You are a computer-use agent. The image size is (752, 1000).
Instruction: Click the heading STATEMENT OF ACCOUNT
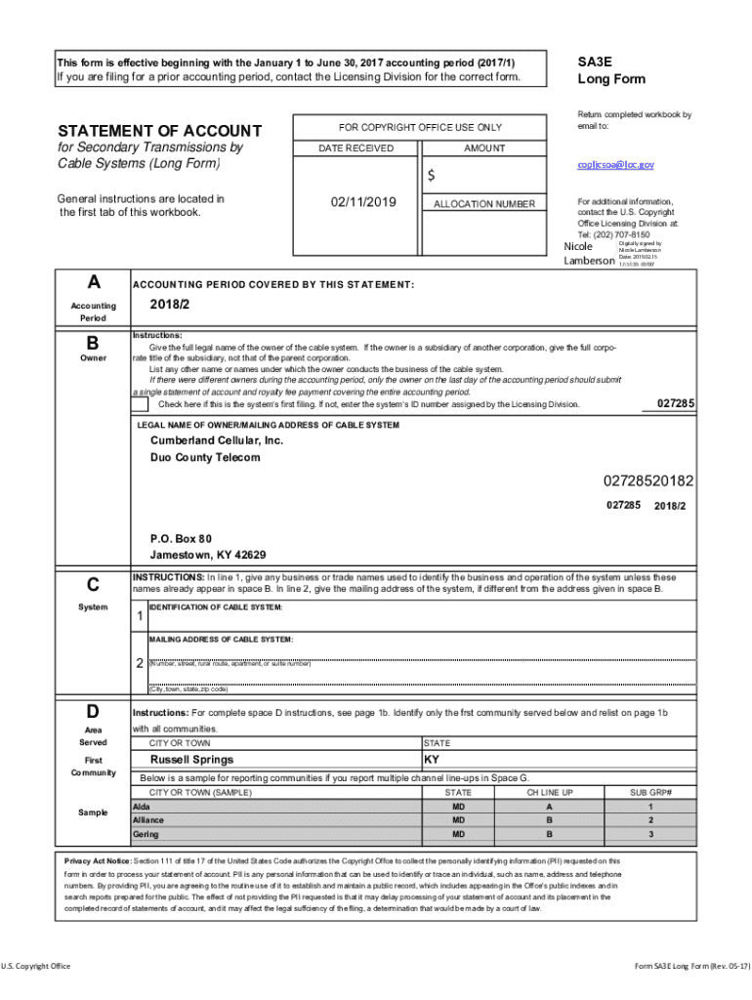(x=159, y=131)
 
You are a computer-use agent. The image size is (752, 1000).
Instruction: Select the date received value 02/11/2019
(x=362, y=202)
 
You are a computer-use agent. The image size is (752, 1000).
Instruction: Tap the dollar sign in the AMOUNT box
(x=430, y=176)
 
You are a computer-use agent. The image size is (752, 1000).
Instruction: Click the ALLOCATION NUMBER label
(x=484, y=204)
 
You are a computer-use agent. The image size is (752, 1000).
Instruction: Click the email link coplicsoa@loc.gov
(x=615, y=166)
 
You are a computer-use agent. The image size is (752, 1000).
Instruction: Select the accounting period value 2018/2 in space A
(x=169, y=304)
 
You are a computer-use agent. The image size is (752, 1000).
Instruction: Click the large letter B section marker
(x=93, y=344)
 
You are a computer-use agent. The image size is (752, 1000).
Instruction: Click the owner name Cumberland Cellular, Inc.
(x=216, y=441)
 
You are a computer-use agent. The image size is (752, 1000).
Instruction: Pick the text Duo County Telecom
(x=205, y=458)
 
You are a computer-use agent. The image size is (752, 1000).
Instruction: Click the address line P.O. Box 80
(x=180, y=539)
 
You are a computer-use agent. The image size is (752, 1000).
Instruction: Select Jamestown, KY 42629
(x=207, y=556)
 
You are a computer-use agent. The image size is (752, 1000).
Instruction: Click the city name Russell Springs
(x=191, y=760)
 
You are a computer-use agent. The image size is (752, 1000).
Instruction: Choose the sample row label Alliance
(x=148, y=821)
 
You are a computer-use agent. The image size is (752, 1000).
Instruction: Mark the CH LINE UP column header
(x=549, y=793)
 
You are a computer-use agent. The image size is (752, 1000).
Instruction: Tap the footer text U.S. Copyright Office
(x=36, y=967)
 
